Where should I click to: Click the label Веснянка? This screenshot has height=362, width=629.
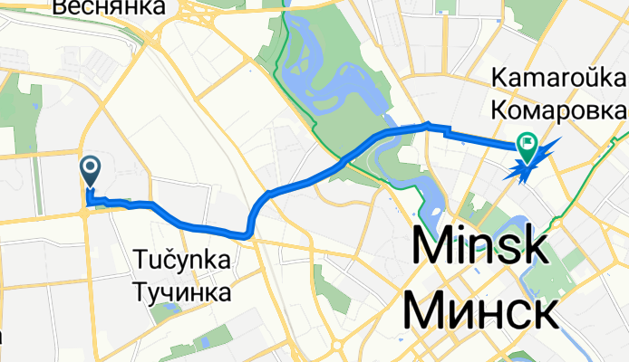[109, 7]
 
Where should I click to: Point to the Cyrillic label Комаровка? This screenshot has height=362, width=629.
[557, 110]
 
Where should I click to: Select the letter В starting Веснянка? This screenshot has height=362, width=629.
[60, 7]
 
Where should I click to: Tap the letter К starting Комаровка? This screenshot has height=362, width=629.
[498, 110]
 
